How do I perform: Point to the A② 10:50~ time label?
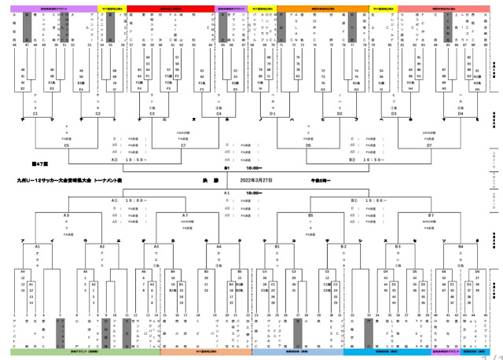click(126, 160)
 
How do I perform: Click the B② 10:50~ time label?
click(369, 160)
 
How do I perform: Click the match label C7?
click(183, 145)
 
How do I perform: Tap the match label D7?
click(429, 145)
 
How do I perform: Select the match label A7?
click(185, 215)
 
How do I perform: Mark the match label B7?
click(431, 215)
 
